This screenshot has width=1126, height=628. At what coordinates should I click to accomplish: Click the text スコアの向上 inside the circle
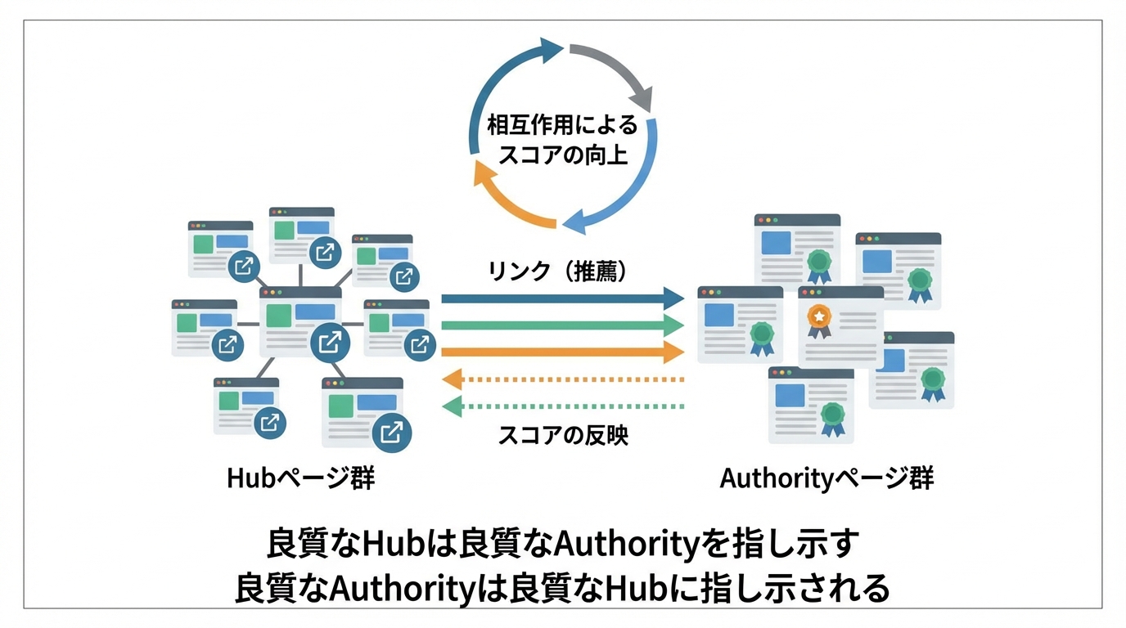[x=563, y=154]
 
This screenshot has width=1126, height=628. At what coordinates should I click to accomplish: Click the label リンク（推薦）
[x=558, y=271]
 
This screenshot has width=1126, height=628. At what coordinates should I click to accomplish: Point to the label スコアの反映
[x=563, y=435]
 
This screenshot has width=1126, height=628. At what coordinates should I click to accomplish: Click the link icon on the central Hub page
[x=330, y=341]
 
